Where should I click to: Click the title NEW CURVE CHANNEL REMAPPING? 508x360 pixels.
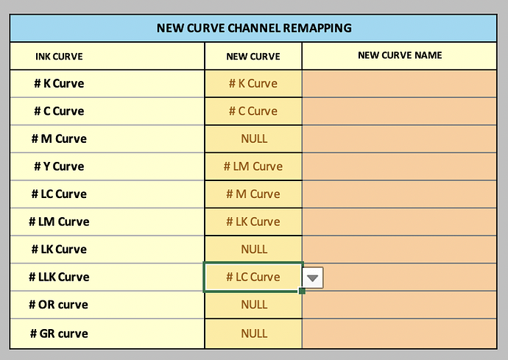[254, 28]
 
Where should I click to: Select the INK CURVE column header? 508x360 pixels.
[59, 57]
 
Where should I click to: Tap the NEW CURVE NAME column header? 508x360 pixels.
[400, 55]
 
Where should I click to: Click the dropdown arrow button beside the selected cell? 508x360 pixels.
[313, 278]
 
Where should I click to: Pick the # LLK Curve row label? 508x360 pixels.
[59, 277]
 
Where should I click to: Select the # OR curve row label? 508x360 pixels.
[58, 305]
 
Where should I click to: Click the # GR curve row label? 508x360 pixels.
[59, 333]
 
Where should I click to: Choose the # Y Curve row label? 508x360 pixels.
[59, 166]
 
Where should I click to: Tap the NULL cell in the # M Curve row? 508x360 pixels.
[254, 138]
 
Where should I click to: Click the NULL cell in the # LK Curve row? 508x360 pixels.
[254, 249]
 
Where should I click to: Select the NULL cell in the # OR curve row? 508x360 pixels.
[254, 305]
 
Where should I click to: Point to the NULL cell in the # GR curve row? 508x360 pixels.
[254, 333]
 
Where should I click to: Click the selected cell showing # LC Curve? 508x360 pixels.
[253, 277]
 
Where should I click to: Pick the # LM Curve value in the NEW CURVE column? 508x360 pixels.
[253, 166]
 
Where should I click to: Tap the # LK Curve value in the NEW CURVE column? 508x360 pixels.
[253, 222]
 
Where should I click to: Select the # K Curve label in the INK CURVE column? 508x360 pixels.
[59, 84]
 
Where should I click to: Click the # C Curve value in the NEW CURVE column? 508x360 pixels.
[253, 111]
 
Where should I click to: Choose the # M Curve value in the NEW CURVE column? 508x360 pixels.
[253, 194]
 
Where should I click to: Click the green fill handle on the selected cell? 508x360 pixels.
[303, 291]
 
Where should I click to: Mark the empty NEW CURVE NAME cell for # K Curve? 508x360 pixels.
[400, 84]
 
